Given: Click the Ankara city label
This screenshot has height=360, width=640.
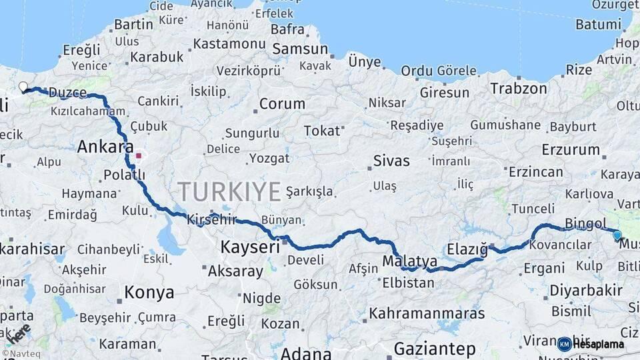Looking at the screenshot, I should point(105,147).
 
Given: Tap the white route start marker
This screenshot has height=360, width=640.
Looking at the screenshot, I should point(23,87).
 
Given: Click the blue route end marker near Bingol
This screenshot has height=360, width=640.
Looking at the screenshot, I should point(617,235).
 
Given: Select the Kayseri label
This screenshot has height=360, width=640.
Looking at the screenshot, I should point(250,247).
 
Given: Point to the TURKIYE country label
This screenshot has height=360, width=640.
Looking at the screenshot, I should point(229,192).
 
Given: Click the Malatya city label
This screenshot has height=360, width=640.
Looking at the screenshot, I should point(411,261).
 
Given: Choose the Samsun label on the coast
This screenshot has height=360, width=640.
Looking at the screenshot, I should point(300,49).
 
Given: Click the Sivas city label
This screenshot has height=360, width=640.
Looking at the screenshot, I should point(391,161).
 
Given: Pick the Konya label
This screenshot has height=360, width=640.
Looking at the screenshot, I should point(149,292).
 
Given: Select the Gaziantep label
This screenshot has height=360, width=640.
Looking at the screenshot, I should point(435,349).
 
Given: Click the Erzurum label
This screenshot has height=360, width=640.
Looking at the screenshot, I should point(571,149).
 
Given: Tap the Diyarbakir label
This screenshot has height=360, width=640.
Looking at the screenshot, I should point(587,291).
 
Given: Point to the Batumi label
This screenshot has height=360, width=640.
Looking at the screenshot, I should point(598,25).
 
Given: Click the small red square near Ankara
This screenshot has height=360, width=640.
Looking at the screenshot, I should point(139,156).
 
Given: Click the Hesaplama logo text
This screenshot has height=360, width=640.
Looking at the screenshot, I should point(599,345).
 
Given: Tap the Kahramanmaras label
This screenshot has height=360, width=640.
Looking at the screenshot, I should point(427,313).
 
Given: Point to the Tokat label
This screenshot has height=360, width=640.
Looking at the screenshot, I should point(322,131).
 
